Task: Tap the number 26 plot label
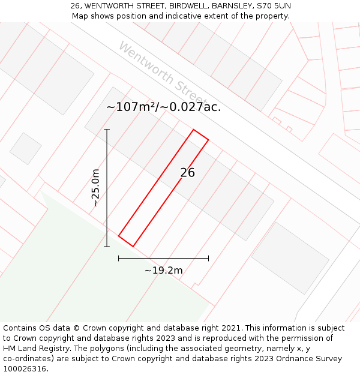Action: coord(187,173)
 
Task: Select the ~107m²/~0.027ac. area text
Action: coord(163,107)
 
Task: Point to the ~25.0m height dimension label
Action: coord(95,188)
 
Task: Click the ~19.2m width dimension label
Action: coord(163,271)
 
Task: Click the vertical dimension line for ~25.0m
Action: coord(107,188)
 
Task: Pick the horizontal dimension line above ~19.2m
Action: coord(163,259)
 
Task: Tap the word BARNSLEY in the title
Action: coord(230,6)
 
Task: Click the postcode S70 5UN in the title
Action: coord(274,6)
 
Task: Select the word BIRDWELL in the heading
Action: coord(186,6)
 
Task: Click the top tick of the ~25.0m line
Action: coord(107,130)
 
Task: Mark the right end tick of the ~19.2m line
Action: coord(208,259)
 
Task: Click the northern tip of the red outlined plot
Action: coord(193,130)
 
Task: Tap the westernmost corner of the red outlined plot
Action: coord(119,236)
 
